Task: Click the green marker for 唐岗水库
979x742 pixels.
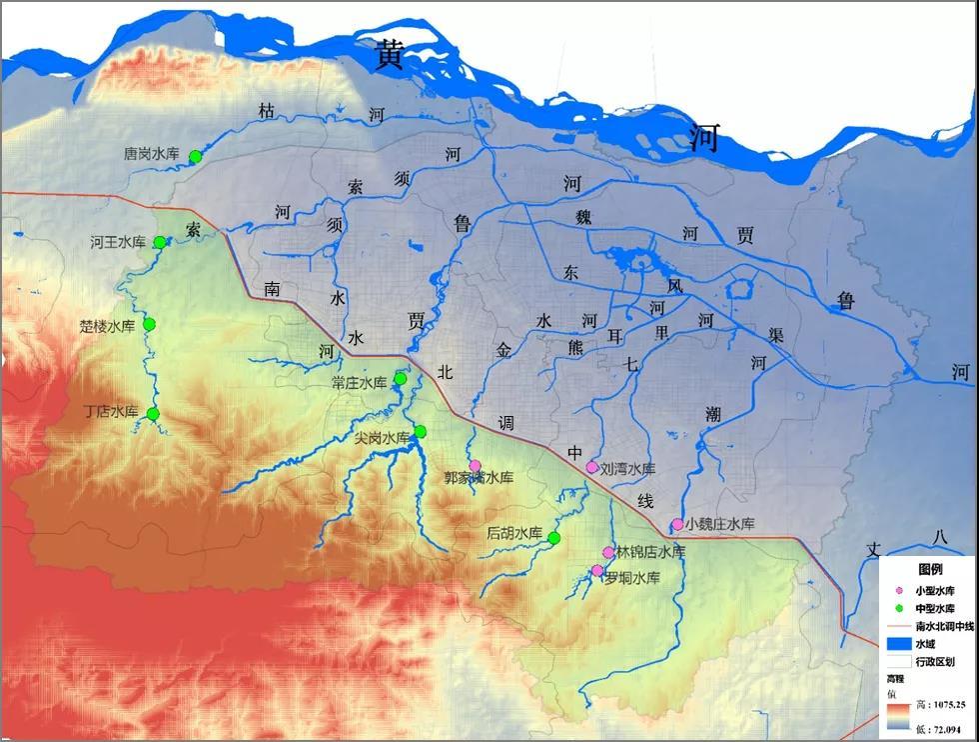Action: (196, 156)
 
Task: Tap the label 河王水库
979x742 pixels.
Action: (118, 242)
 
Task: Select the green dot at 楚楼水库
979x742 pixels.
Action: (150, 324)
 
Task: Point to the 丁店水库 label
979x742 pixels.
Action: (110, 411)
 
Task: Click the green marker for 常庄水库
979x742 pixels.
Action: (401, 378)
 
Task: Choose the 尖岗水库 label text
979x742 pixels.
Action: (383, 437)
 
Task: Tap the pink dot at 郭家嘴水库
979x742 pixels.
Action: (476, 465)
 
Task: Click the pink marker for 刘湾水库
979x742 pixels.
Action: (592, 467)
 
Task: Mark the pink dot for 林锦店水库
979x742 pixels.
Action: (608, 552)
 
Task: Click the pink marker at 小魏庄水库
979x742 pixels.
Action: (677, 524)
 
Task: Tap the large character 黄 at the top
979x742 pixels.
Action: (390, 56)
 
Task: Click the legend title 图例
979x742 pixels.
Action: (930, 568)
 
